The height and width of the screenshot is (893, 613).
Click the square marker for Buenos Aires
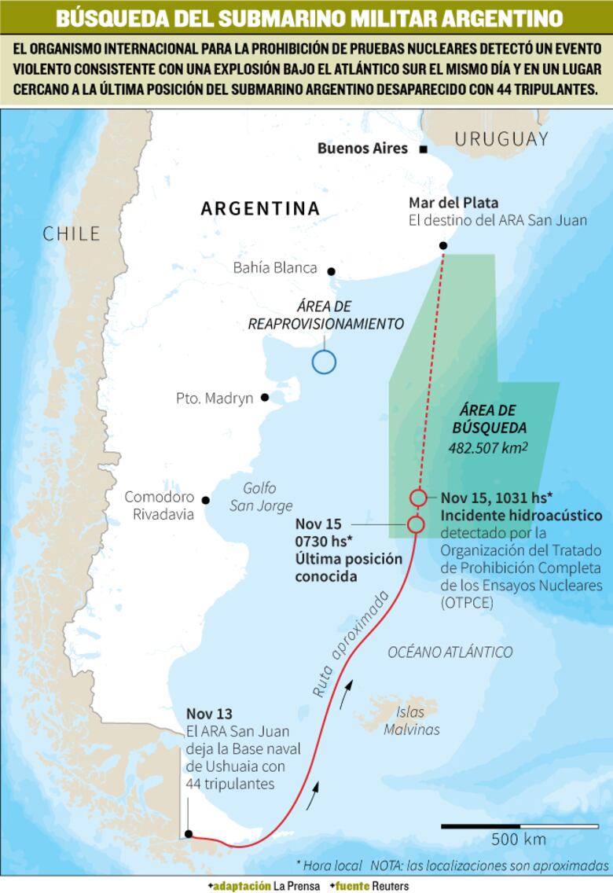[424, 149]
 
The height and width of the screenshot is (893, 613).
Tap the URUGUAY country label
[501, 140]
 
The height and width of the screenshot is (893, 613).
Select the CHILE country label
[72, 233]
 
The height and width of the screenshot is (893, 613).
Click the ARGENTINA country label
[260, 208]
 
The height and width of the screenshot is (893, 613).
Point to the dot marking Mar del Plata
[443, 246]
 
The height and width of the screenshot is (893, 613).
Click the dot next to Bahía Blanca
[331, 271]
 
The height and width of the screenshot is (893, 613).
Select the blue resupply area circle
[324, 362]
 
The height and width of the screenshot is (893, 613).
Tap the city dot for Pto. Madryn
[265, 398]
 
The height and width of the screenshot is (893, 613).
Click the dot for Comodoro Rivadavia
[206, 500]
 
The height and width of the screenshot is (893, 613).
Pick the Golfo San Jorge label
[260, 497]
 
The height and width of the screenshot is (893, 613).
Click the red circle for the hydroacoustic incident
[418, 498]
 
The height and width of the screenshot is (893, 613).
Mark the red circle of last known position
[416, 524]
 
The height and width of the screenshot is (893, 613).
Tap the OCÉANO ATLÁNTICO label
[450, 652]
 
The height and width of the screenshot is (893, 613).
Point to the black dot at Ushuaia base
[189, 834]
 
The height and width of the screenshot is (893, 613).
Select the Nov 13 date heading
[209, 714]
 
